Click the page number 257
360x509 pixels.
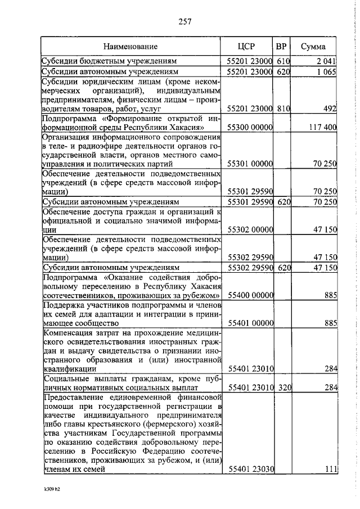(185, 22)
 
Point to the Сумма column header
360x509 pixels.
(314, 46)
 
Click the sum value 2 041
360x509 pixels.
(326, 61)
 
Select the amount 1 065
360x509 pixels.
(326, 72)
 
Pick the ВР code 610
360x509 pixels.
(282, 61)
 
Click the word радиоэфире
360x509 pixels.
(93, 146)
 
